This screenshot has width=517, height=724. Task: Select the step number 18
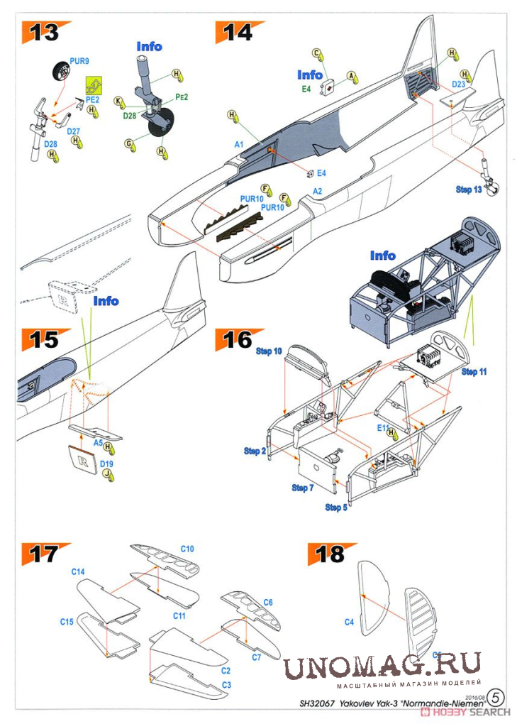click(x=330, y=554)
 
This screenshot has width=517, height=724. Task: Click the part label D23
click(x=458, y=84)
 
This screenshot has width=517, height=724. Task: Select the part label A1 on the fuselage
click(x=239, y=144)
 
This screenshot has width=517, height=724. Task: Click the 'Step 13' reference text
click(x=468, y=190)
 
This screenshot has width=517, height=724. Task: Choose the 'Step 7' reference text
click(x=302, y=488)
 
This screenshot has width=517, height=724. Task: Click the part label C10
click(x=187, y=549)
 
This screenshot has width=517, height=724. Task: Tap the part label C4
click(x=349, y=622)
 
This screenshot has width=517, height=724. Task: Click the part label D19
click(x=106, y=464)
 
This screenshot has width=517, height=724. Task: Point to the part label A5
click(x=99, y=441)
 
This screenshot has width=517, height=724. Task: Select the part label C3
click(x=226, y=684)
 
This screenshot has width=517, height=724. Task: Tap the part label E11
click(x=384, y=428)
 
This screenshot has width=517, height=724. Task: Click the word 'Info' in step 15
click(x=106, y=301)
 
